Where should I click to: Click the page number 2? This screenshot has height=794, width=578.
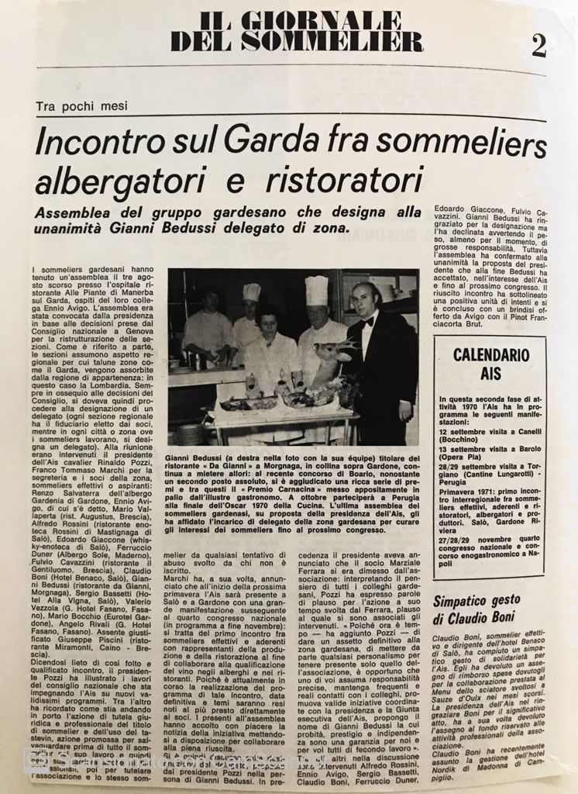click(538, 46)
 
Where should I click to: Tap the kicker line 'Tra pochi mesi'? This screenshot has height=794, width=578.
click(81, 106)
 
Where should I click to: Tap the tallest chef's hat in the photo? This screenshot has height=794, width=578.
click(316, 291)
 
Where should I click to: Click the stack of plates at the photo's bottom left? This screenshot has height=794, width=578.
click(189, 433)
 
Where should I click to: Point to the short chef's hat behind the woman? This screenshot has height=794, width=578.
click(251, 292)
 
